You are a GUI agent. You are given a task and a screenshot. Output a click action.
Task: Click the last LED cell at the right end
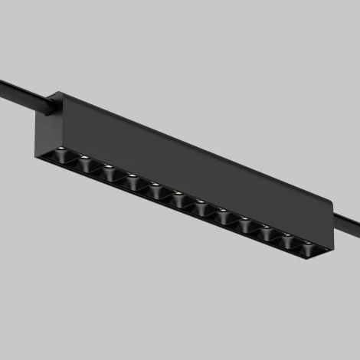[x=308, y=247]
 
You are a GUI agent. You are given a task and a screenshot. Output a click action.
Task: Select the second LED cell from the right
[x=288, y=240]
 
